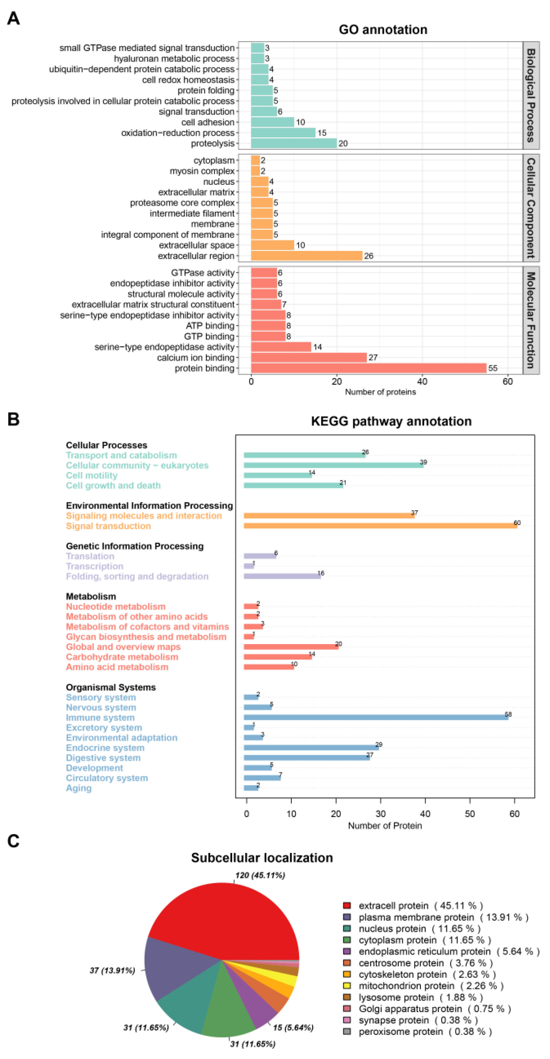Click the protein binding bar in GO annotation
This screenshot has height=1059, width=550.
tap(368, 368)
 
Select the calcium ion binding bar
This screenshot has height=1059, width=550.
tap(309, 357)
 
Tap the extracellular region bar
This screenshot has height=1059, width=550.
tap(306, 256)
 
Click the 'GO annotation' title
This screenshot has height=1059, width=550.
tap(383, 30)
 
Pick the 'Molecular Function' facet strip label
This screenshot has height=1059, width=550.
tap(531, 320)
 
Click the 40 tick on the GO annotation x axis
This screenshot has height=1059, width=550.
tap(422, 381)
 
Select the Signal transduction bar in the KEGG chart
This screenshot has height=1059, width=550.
tap(380, 526)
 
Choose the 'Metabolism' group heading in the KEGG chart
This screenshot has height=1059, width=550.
tap(91, 596)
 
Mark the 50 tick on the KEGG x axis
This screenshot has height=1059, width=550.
tap(470, 813)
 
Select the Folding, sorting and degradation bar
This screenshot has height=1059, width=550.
tap(282, 576)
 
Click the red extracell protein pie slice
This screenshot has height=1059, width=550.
tap(230, 921)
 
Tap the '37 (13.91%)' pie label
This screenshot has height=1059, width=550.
tap(112, 970)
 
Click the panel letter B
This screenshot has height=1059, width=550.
tap(14, 419)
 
